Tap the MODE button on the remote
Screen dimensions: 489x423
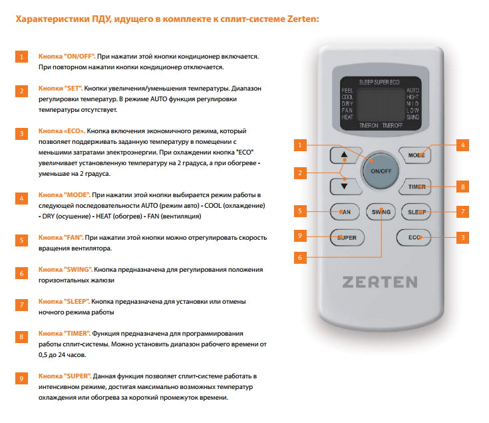click(415, 155)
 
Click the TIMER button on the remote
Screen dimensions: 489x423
click(415, 187)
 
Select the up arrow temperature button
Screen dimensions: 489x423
click(345, 155)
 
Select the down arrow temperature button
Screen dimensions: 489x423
click(345, 187)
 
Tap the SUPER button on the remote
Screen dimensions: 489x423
click(347, 238)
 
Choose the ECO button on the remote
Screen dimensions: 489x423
click(414, 238)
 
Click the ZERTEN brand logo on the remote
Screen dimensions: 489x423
click(380, 282)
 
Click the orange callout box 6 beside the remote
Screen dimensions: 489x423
click(300, 258)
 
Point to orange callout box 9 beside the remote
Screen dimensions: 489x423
click(300, 235)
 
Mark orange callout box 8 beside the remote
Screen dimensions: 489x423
click(462, 187)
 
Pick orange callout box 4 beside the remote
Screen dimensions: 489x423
click(462, 145)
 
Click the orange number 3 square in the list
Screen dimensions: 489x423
click(21, 134)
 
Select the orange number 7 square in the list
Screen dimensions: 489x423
click(21, 304)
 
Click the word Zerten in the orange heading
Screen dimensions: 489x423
click(301, 19)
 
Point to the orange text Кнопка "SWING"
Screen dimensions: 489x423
click(65, 269)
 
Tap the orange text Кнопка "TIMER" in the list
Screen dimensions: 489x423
click(65, 334)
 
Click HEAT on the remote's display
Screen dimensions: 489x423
click(347, 117)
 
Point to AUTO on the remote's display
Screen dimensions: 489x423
click(412, 90)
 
